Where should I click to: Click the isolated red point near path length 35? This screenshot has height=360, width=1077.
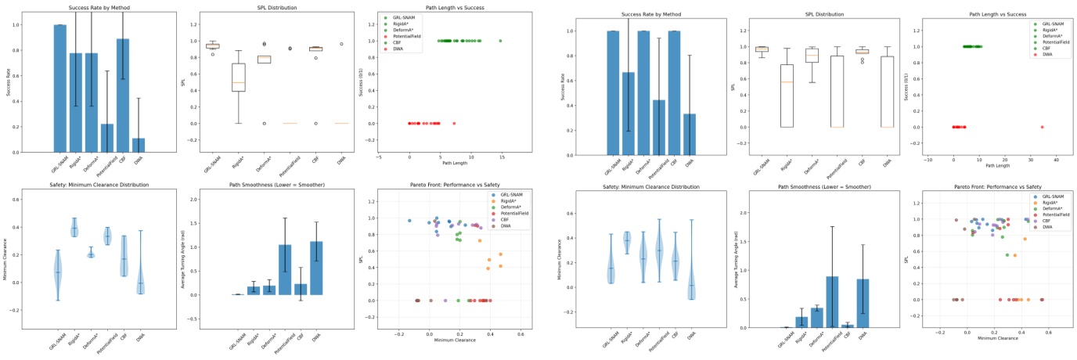(1042, 127)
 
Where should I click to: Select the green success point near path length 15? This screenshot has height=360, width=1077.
(500, 41)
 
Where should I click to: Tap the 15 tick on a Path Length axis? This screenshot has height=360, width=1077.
(501, 157)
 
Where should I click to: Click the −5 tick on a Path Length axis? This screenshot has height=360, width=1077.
(378, 157)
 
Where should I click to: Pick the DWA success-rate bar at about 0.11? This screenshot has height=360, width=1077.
(138, 145)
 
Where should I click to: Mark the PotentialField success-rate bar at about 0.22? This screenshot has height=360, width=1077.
(106, 138)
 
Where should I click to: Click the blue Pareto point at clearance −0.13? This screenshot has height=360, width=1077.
(409, 221)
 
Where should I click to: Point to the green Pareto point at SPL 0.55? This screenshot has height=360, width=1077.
(1007, 255)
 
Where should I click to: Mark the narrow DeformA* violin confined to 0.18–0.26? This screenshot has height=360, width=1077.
(91, 254)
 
